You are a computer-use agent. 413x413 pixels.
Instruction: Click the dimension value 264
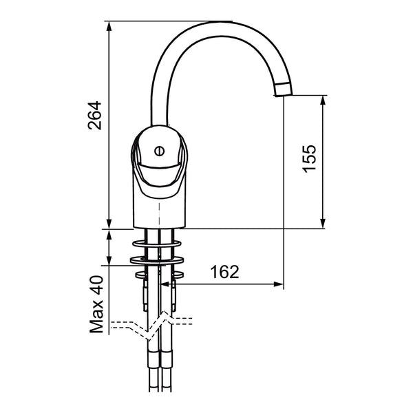click(x=95, y=116)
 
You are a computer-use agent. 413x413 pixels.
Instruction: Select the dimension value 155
click(x=309, y=158)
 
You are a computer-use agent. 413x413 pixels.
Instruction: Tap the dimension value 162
click(x=224, y=272)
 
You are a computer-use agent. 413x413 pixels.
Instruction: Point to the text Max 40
click(x=96, y=304)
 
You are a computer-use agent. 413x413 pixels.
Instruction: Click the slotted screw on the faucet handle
click(x=160, y=151)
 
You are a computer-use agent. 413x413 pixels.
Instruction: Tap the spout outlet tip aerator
click(x=283, y=89)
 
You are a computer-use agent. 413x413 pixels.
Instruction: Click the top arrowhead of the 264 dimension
click(x=109, y=26)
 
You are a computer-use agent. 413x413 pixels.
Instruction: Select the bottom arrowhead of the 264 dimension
click(x=109, y=224)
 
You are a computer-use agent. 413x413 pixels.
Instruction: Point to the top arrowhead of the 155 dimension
click(x=324, y=100)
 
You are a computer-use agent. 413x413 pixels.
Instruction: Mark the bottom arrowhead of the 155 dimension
click(x=324, y=224)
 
